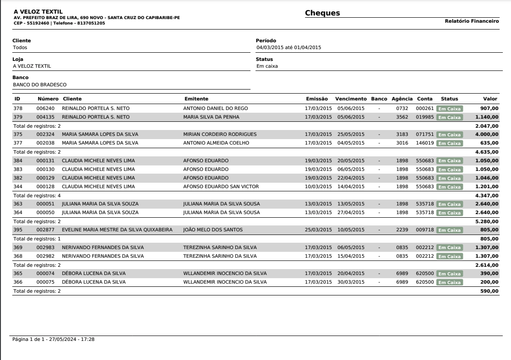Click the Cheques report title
tap(322, 13)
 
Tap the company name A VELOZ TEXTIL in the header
tap(38, 11)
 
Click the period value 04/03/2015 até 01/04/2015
tap(289, 47)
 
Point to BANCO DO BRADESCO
tap(40, 84)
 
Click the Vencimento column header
tap(351, 99)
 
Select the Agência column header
tap(402, 99)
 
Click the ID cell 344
tap(18, 186)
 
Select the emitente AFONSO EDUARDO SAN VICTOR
tap(219, 186)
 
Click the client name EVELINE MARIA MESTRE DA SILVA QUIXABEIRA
tap(117, 230)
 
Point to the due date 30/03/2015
tap(351, 282)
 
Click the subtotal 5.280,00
tap(487, 221)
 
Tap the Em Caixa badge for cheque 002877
tap(449, 230)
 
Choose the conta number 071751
tap(425, 134)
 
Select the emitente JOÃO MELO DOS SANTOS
tap(213, 230)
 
